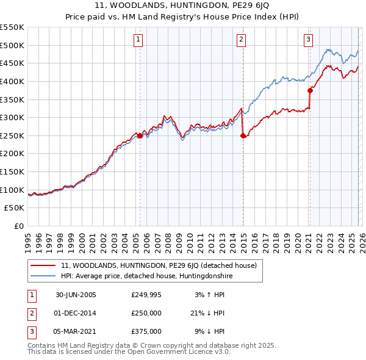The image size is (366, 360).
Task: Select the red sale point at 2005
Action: point(140,136)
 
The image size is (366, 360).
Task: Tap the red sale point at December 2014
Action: point(243,136)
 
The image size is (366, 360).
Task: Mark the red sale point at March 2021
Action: point(310,91)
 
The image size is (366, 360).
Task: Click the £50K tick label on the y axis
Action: point(15,208)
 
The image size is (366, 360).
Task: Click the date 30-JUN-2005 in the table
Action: point(76,295)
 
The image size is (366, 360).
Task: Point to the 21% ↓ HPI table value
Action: point(207,313)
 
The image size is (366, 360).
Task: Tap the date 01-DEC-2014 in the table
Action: point(76,313)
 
